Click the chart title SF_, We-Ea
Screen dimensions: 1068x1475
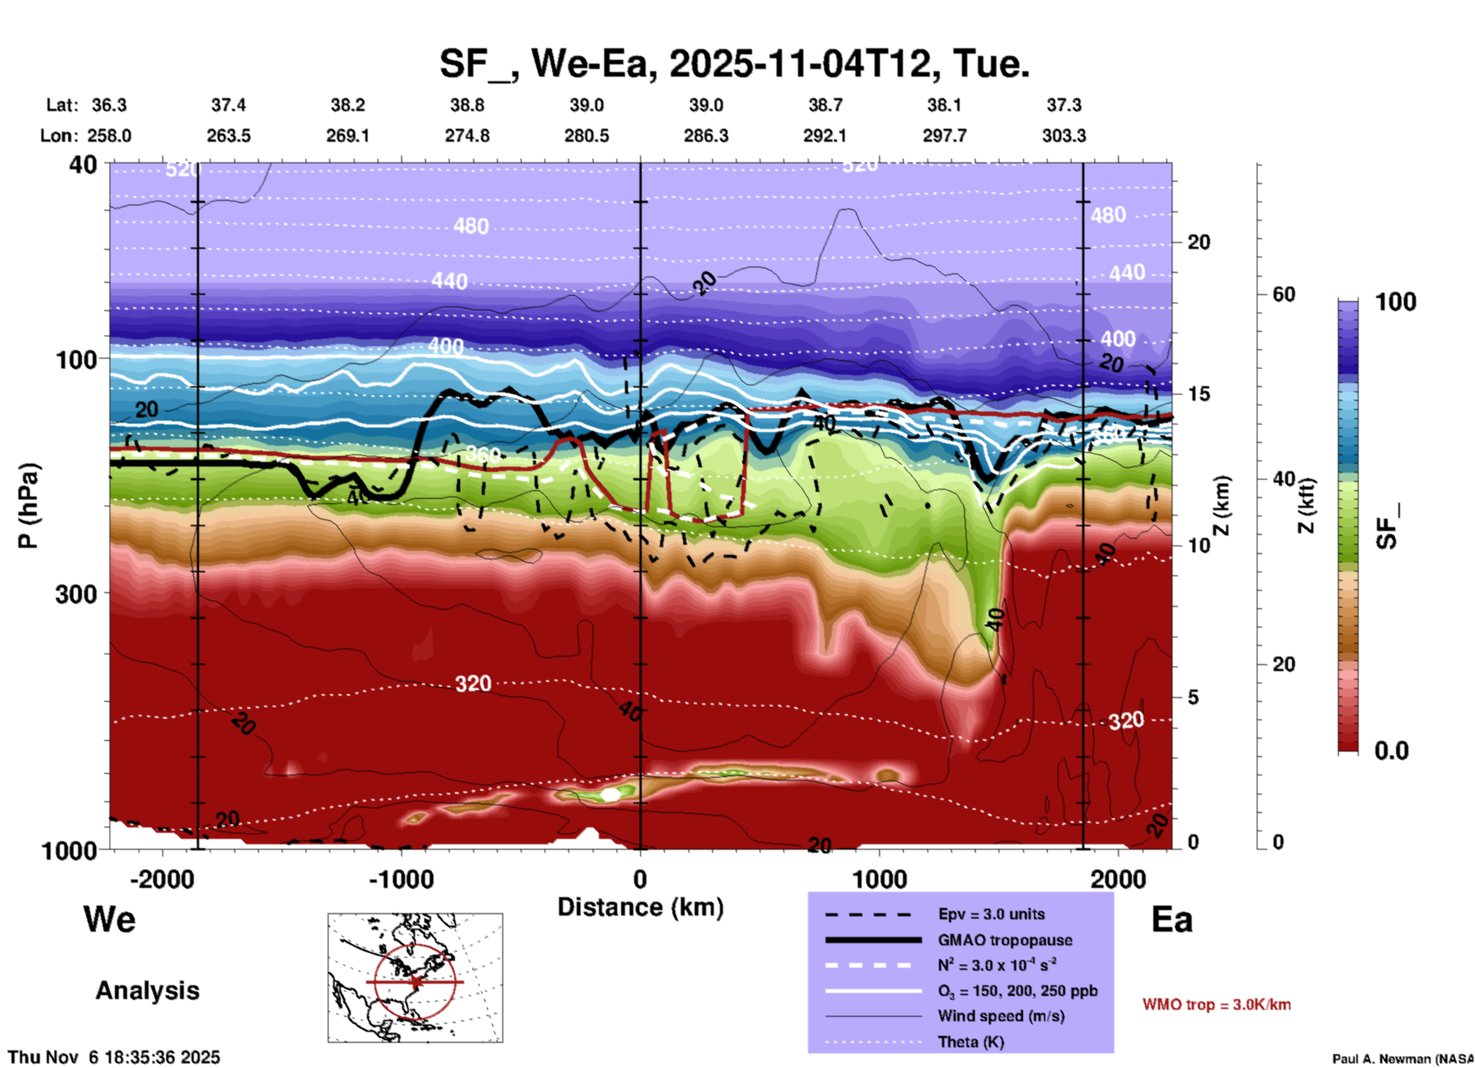pos(734,64)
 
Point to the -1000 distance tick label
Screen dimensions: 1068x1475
pos(401,879)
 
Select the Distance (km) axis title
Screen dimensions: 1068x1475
pos(640,907)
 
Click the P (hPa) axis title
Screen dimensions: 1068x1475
pos(28,505)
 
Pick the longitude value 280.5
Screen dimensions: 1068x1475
pos(587,136)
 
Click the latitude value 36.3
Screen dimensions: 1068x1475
pos(109,105)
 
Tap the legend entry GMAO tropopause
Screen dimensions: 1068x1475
pos(1005,940)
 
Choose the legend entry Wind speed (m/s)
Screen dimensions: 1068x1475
pos(1001,1016)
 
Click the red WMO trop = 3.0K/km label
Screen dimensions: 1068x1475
pos(1216,1004)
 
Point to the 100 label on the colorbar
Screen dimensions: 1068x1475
pos(1395,302)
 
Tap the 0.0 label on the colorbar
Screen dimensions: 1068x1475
pos(1392,750)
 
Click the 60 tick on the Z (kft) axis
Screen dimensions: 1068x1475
pos(1284,294)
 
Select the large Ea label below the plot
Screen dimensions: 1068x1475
pos(1172,919)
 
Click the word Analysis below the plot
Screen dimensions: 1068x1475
pos(147,991)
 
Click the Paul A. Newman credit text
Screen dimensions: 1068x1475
pos(1402,1059)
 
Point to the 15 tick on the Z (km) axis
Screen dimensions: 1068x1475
pos(1199,394)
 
